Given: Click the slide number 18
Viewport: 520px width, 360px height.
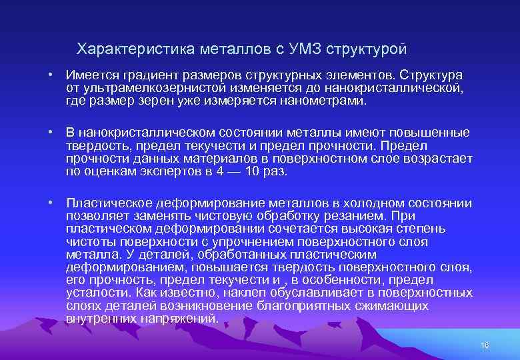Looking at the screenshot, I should point(485,345).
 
